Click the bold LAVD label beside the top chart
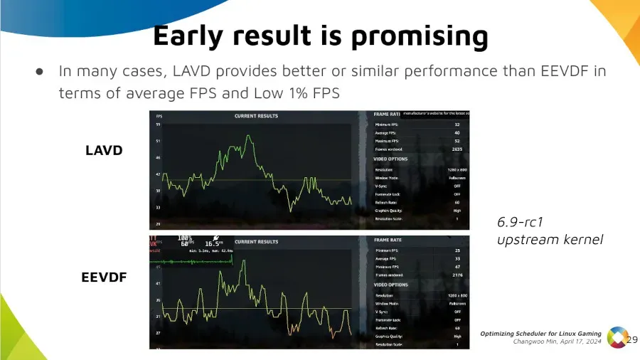click(104, 150)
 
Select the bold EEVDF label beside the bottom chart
click(104, 277)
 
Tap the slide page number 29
click(631, 339)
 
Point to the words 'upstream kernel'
click(550, 239)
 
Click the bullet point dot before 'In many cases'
click(40, 71)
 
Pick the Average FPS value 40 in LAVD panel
click(457, 133)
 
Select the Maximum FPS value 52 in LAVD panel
click(457, 142)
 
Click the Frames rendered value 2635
click(457, 149)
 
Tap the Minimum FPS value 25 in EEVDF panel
click(457, 250)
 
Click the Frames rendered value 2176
click(457, 275)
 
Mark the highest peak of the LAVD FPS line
click(248, 136)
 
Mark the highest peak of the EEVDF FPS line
click(243, 260)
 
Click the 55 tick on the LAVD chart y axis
click(158, 125)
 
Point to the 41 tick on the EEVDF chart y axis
click(158, 283)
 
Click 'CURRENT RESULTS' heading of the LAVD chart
click(256, 116)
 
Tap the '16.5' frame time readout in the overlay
click(213, 243)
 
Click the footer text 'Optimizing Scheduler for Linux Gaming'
click(540, 334)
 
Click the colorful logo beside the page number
click(616, 339)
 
